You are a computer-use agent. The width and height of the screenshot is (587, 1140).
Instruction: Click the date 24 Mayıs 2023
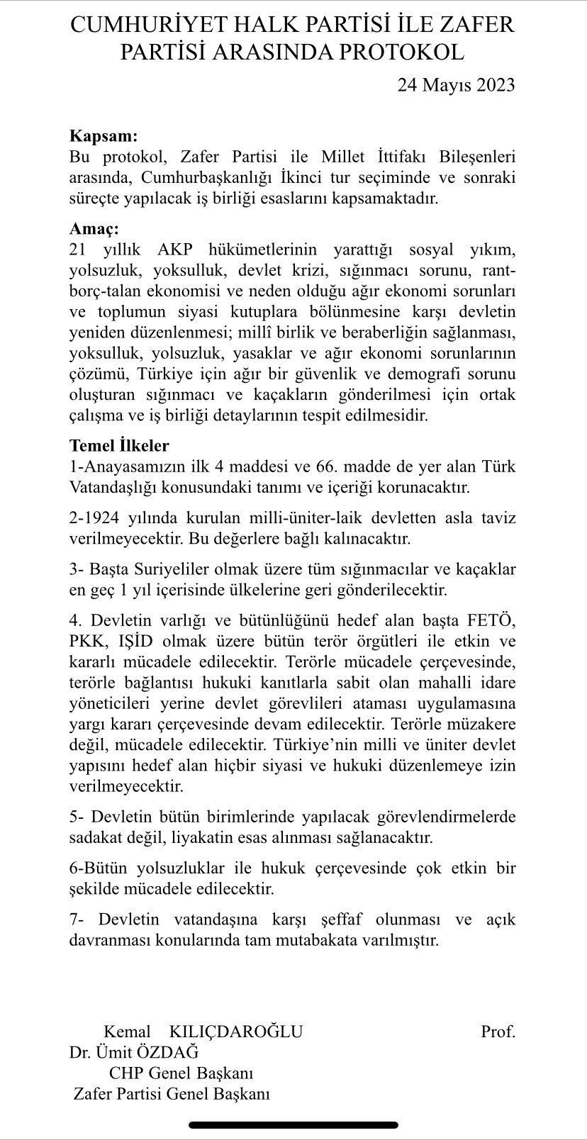[x=456, y=86]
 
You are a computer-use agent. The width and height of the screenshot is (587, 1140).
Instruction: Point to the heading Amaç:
[x=94, y=230]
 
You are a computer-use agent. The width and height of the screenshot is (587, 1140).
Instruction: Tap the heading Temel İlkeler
[x=119, y=446]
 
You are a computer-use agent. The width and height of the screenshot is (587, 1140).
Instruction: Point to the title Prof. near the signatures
[x=498, y=1032]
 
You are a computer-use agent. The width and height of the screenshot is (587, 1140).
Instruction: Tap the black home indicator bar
[x=293, y=1125]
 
